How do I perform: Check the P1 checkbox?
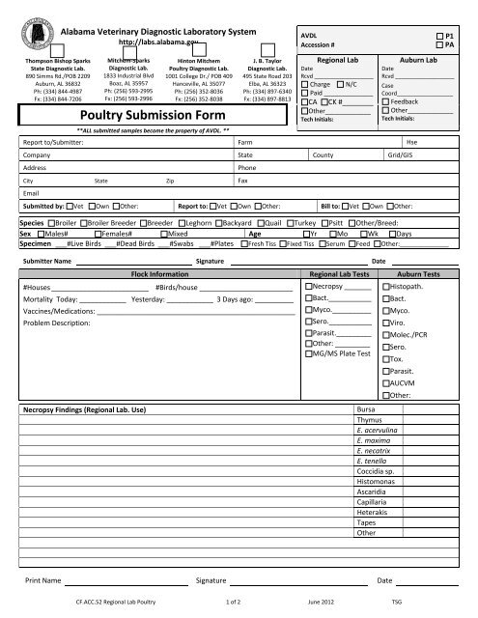pyautogui.click(x=438, y=34)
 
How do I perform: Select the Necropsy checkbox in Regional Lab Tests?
pyautogui.click(x=308, y=288)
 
